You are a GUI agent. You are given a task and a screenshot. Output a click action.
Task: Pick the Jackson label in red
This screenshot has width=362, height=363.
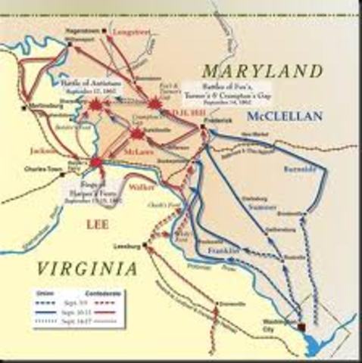pos(48,150)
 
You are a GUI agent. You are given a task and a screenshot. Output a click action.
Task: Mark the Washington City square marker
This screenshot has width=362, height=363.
pos(302,326)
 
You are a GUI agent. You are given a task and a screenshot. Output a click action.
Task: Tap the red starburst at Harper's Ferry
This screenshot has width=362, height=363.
pos(96,162)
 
